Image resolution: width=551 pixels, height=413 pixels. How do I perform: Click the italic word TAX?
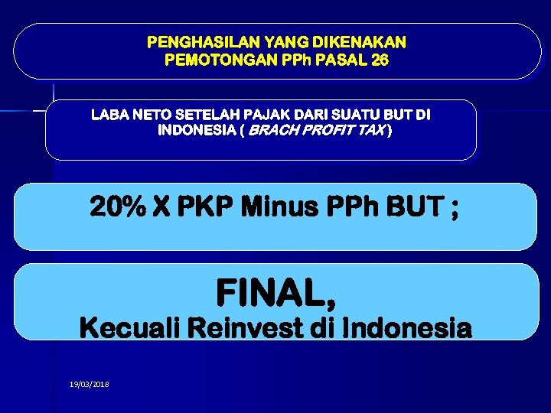click(x=373, y=131)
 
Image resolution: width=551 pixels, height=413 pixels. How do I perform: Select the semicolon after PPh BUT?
click(x=455, y=210)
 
